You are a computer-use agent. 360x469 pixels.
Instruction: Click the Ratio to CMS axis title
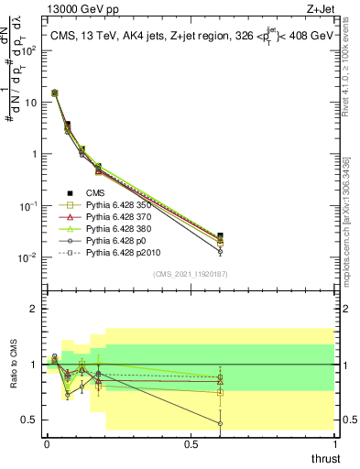pyautogui.click(x=14, y=365)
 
